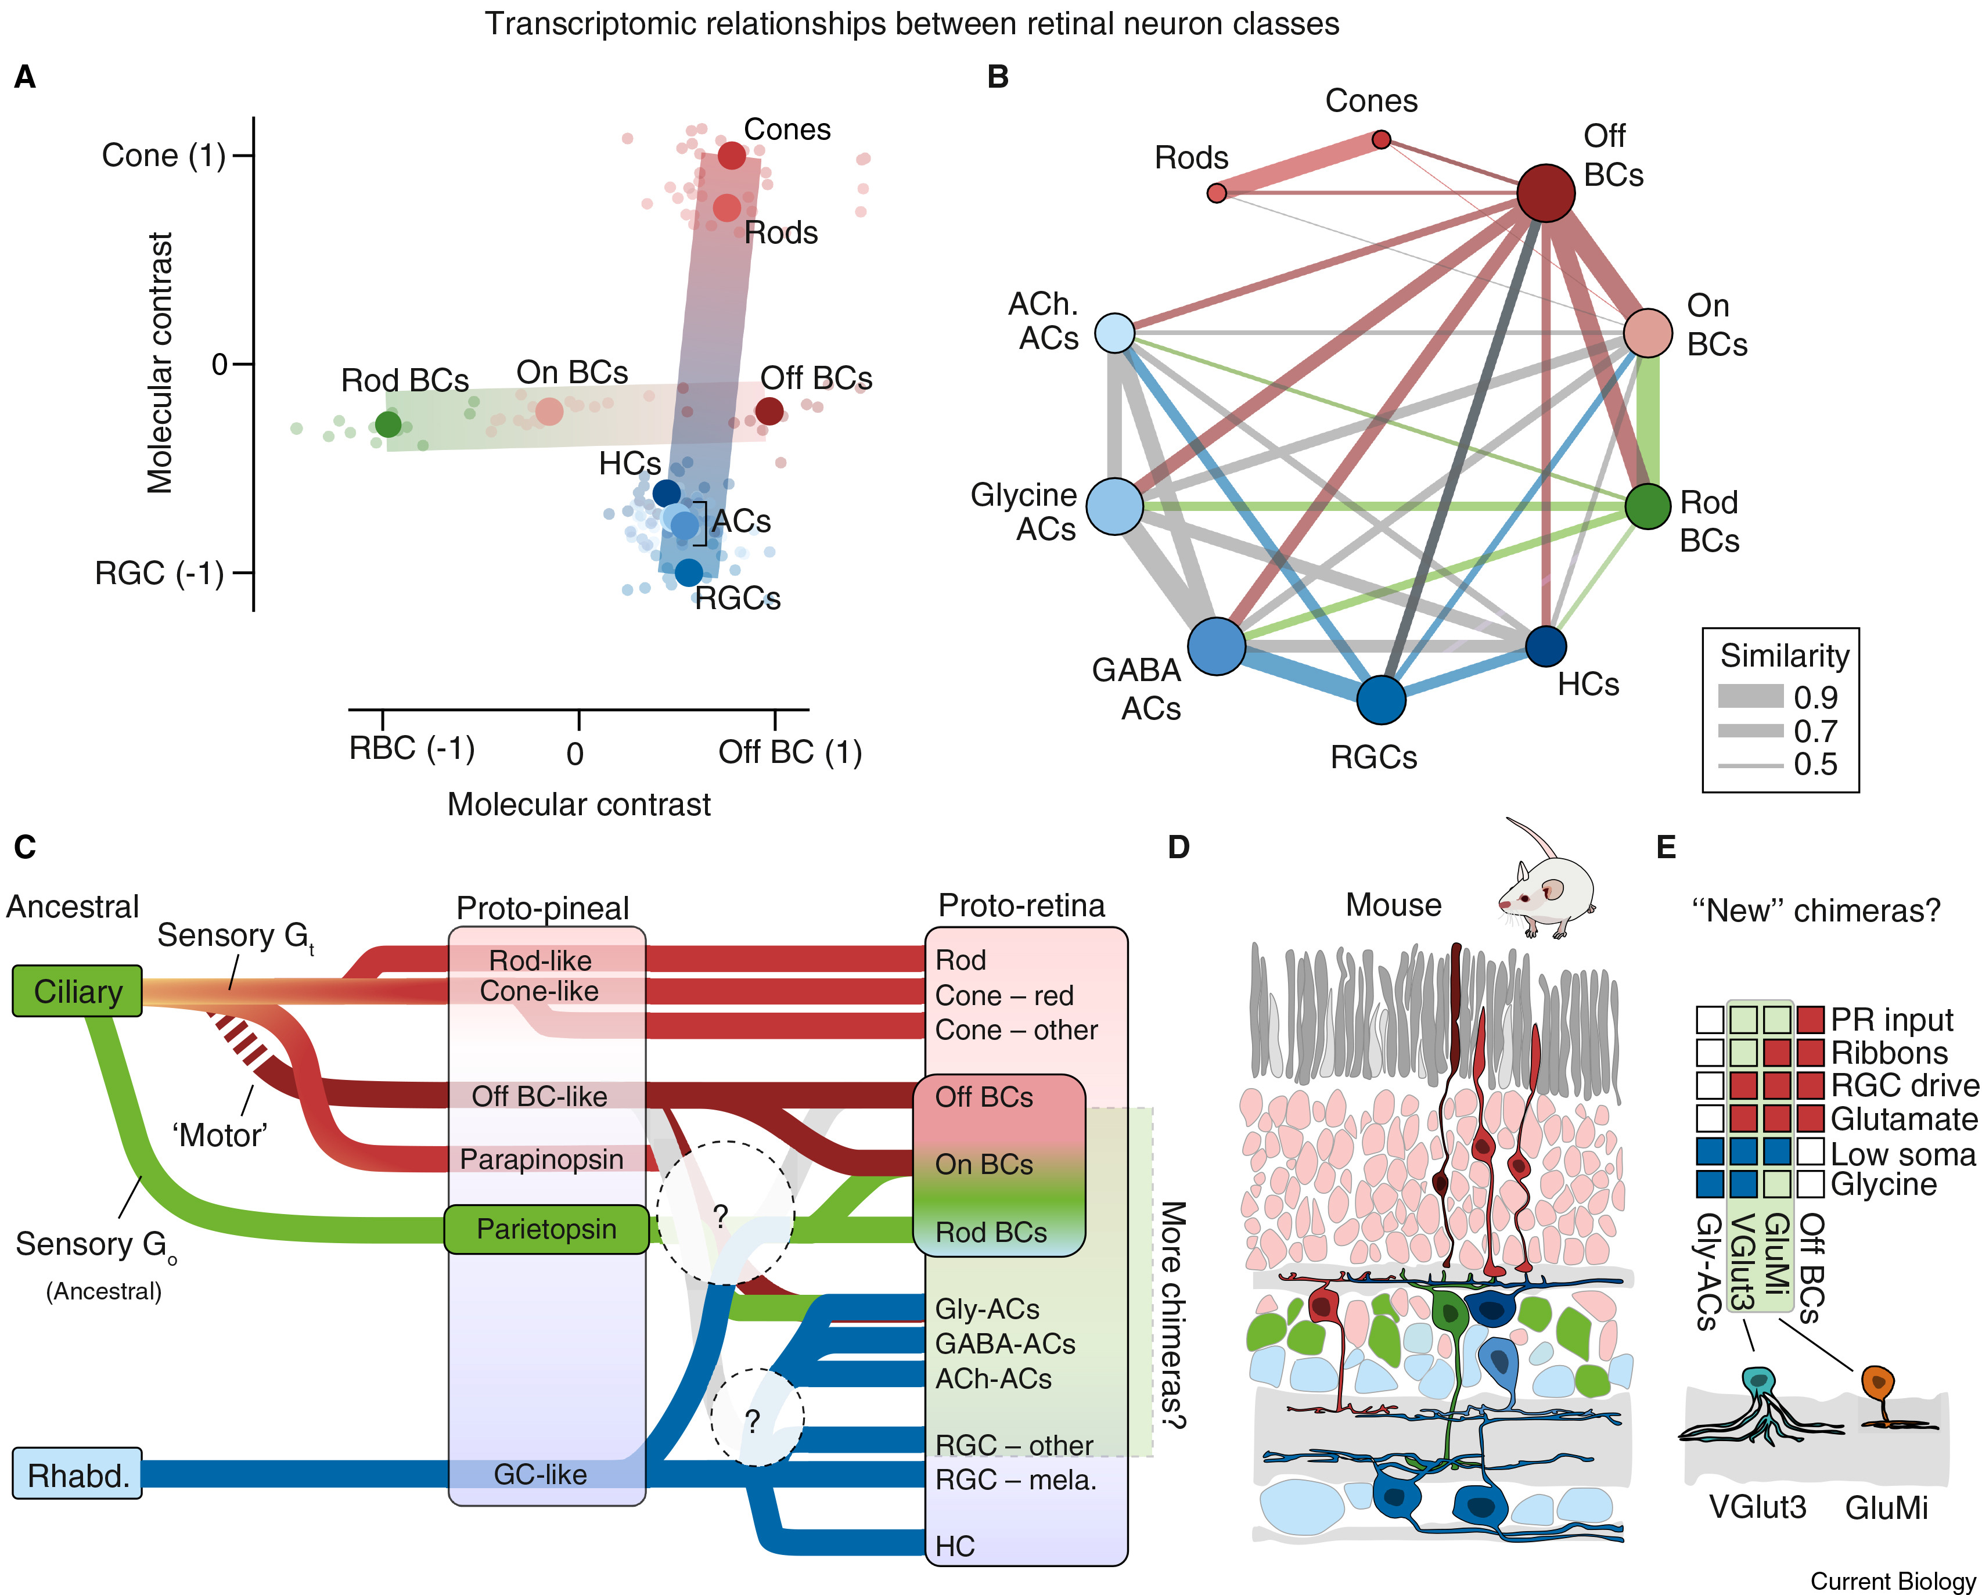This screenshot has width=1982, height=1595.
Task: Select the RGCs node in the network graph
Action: tap(1381, 700)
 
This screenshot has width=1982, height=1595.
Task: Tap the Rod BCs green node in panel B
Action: tap(1648, 506)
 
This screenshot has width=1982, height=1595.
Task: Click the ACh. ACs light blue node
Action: tap(1115, 333)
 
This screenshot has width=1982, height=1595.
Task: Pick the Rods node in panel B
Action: tap(1216, 193)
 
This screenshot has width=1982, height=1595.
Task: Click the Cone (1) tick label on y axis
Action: tap(164, 156)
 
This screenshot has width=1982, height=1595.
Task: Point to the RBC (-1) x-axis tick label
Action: tap(411, 748)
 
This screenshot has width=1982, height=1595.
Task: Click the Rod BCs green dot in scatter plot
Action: tap(388, 424)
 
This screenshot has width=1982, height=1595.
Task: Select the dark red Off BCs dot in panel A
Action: tap(769, 411)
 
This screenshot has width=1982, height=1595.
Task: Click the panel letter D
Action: tap(1178, 848)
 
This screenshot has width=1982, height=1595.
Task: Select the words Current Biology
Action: tap(1892, 1580)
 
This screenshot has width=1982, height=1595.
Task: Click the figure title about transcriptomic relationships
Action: tap(911, 23)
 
